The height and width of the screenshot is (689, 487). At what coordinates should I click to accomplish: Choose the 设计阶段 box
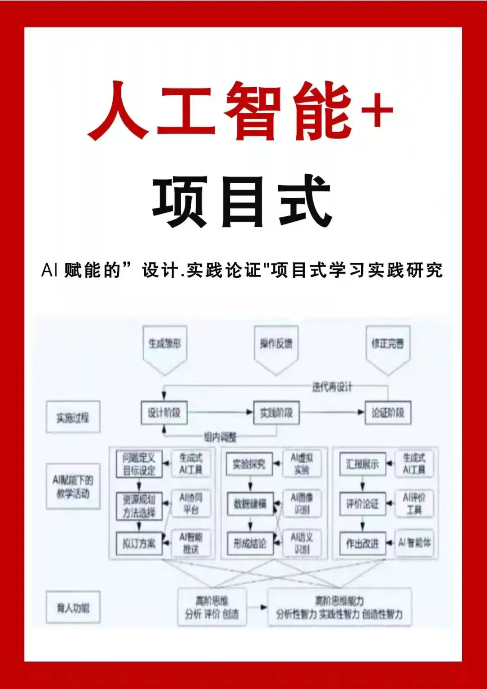click(164, 413)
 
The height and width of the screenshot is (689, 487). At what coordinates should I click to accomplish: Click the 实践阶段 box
click(276, 413)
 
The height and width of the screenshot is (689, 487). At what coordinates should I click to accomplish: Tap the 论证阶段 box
click(388, 413)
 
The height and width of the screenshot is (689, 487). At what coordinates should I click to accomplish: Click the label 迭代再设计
click(332, 386)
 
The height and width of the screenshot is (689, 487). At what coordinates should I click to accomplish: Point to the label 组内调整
click(220, 437)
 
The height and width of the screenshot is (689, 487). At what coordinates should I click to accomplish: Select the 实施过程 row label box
click(73, 418)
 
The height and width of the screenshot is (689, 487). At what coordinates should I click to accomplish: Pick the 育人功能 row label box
click(73, 608)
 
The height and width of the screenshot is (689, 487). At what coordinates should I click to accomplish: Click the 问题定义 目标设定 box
click(139, 464)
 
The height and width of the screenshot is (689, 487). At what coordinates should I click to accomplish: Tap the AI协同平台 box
click(191, 503)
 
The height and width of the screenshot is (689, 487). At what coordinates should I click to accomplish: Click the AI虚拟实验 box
click(302, 464)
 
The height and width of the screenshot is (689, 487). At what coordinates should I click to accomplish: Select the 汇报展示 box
click(363, 464)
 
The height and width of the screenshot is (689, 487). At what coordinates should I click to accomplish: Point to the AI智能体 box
click(414, 543)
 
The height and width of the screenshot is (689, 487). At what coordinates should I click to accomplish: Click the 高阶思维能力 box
click(339, 607)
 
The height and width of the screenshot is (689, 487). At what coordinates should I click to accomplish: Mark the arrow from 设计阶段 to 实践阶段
click(220, 412)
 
